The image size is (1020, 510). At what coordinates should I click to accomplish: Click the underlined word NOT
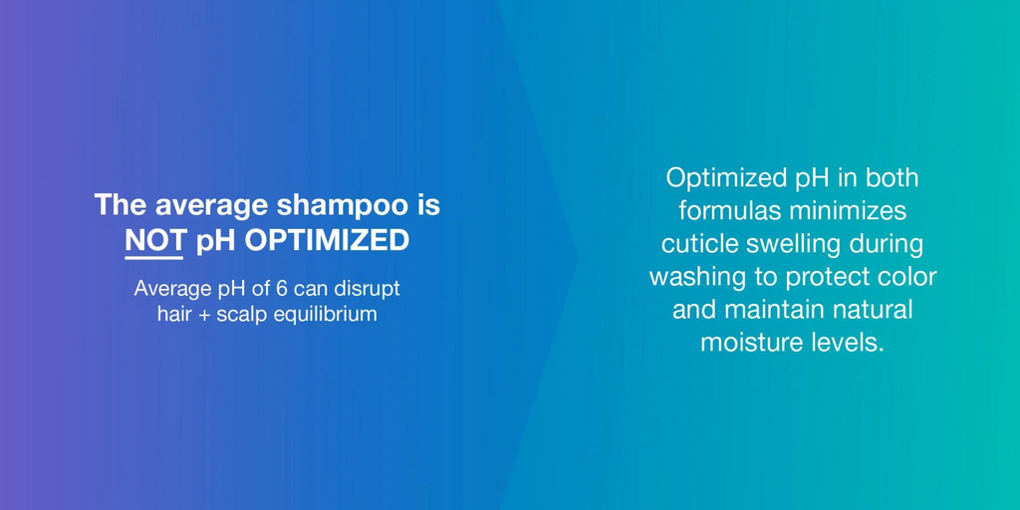[x=153, y=241]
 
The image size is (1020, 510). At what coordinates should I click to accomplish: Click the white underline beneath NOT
[x=153, y=258]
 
